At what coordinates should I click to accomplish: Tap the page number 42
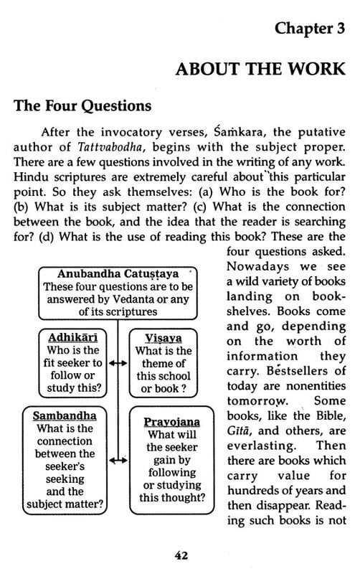coord(181,554)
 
